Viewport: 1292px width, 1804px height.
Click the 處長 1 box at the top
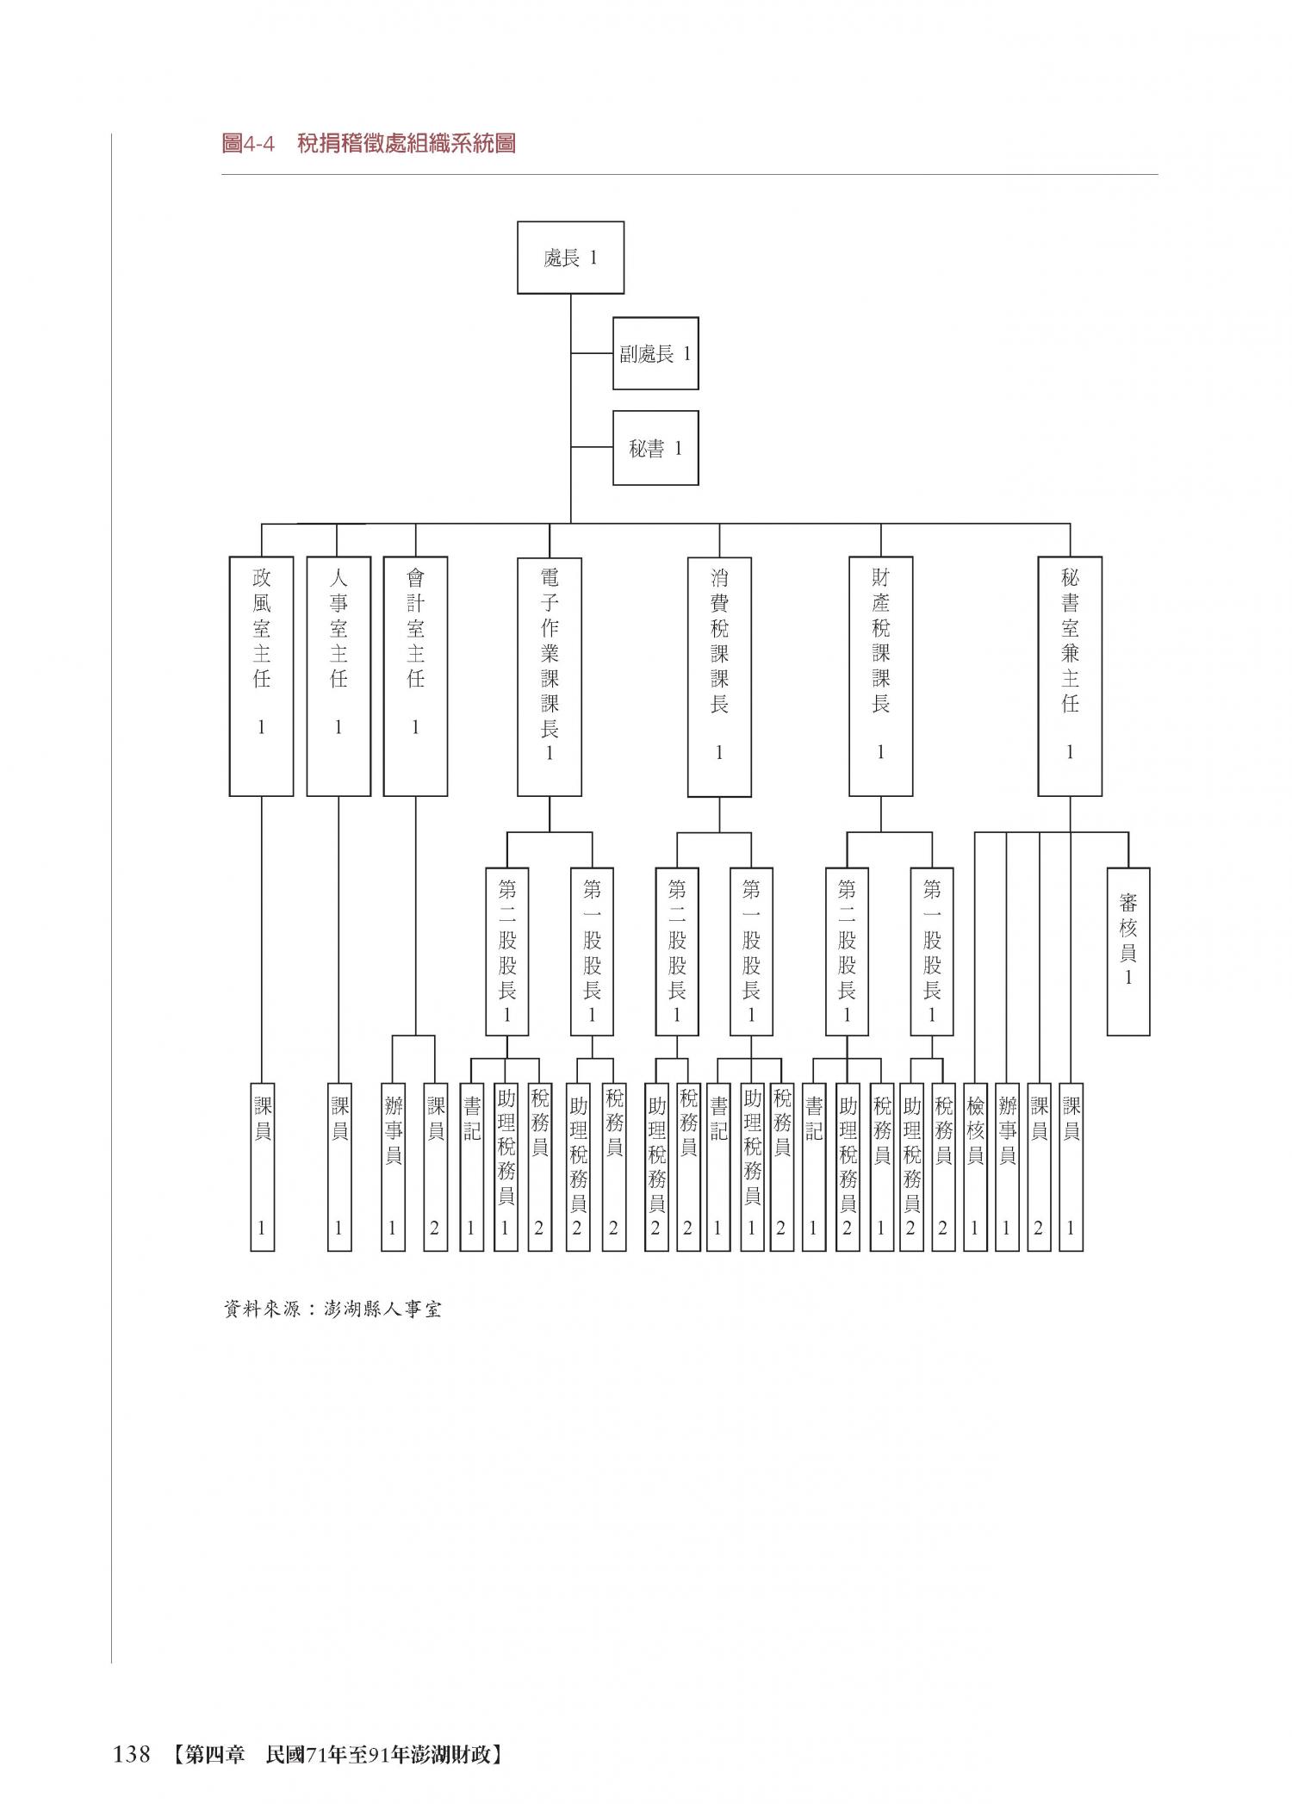(x=570, y=258)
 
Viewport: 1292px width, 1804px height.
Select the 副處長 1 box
(x=655, y=353)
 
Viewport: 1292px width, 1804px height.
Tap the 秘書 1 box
(x=655, y=448)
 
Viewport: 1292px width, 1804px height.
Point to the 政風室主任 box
(x=261, y=676)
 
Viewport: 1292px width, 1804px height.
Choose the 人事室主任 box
(x=339, y=676)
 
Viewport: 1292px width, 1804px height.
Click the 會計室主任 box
(x=415, y=676)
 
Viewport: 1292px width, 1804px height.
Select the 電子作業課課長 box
(x=550, y=676)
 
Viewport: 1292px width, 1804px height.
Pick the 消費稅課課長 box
(x=719, y=676)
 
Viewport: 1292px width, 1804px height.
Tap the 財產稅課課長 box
(x=880, y=676)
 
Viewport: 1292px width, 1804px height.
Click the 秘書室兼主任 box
(x=1070, y=676)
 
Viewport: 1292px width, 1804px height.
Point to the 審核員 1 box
(x=1128, y=951)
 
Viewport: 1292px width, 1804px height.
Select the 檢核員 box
(x=974, y=1166)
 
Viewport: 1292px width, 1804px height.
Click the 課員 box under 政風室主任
(x=262, y=1166)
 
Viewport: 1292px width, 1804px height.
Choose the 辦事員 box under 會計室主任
(x=393, y=1166)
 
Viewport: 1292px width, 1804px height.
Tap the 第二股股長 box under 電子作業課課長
(x=506, y=951)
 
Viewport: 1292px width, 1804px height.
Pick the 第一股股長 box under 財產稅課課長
(x=932, y=951)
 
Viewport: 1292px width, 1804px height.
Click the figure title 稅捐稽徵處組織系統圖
(x=406, y=143)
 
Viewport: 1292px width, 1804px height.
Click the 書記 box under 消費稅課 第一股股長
(x=717, y=1166)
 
